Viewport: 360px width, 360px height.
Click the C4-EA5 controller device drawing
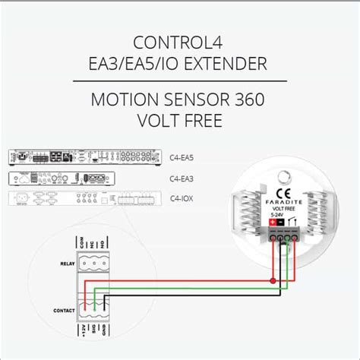pyautogui.click(x=84, y=158)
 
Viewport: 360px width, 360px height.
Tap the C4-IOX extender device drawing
pyautogui.click(x=84, y=199)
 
